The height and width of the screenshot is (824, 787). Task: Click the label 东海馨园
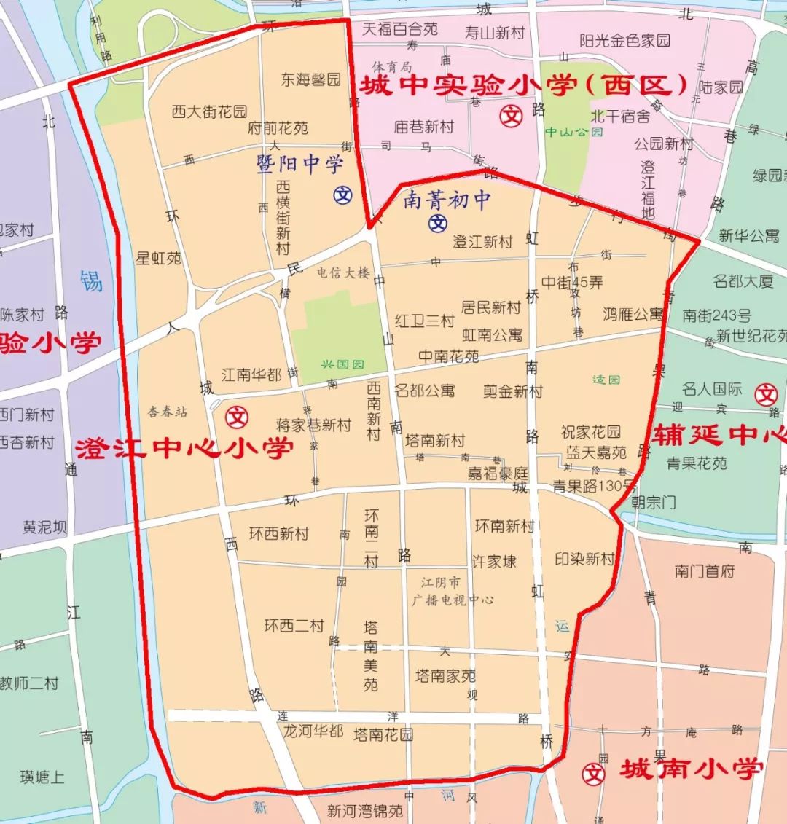[x=311, y=80]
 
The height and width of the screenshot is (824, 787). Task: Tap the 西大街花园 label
[x=210, y=112]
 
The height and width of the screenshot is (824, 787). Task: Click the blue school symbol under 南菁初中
[x=438, y=223]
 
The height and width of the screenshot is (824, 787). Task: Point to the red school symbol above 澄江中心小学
[x=238, y=417]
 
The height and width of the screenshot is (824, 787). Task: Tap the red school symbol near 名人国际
[x=767, y=394]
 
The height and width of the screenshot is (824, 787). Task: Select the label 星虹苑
[x=158, y=259]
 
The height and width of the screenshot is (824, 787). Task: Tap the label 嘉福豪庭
[x=497, y=474]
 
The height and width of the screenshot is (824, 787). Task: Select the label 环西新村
[x=278, y=533]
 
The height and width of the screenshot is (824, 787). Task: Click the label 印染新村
[x=584, y=559]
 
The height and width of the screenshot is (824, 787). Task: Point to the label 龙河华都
[x=313, y=731]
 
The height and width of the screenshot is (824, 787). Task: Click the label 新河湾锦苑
[x=364, y=810]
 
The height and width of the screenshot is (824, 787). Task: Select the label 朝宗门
[x=653, y=502]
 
